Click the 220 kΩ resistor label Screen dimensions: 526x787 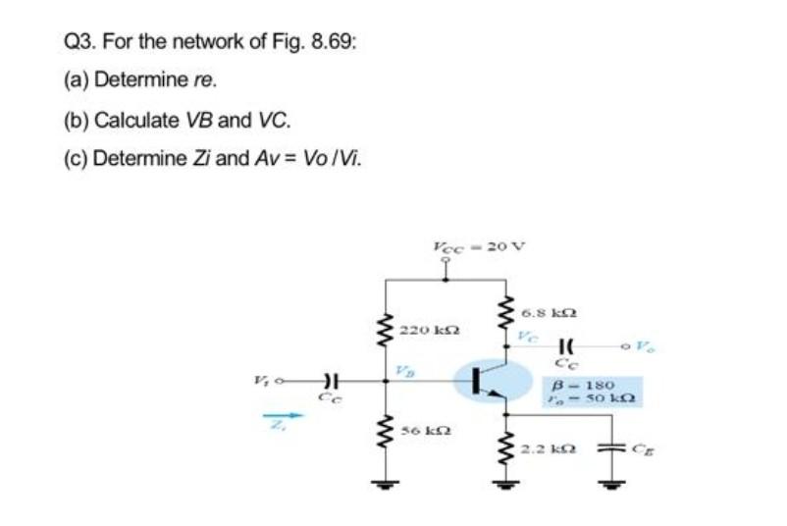[424, 330]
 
